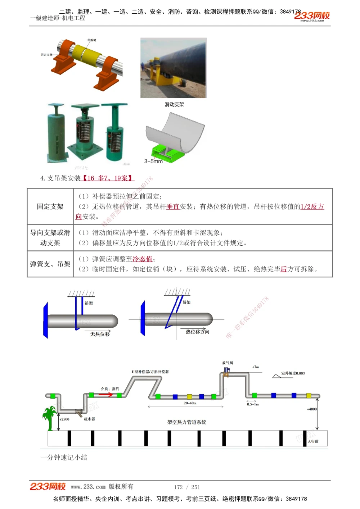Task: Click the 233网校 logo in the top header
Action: coord(312,16)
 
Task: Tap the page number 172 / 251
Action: coord(187,487)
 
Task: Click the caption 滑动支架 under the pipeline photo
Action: coord(174,104)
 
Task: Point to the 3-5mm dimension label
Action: coord(153,162)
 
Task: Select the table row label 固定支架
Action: coord(50,206)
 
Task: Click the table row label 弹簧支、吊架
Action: coord(50,264)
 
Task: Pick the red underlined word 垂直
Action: coord(173,206)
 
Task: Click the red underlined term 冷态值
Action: coord(143,259)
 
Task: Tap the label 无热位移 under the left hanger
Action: coord(100,334)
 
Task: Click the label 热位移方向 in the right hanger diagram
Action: coord(197,332)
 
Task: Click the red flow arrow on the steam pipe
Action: coord(105,395)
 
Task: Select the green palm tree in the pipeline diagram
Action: coord(49,417)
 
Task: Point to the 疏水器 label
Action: coord(89,419)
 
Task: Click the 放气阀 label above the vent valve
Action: coord(228,363)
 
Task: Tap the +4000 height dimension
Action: coord(312,409)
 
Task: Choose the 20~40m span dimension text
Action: coord(190,403)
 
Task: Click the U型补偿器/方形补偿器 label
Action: coord(150,372)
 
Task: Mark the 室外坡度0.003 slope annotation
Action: coord(293,373)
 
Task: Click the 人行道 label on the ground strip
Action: coord(313,441)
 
